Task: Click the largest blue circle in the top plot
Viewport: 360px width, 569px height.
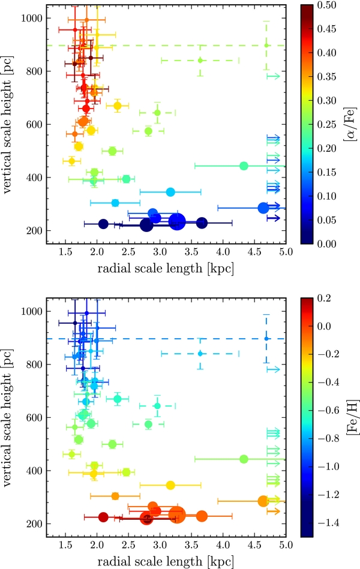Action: click(x=177, y=221)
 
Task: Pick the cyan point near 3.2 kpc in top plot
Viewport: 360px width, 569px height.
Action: click(x=170, y=192)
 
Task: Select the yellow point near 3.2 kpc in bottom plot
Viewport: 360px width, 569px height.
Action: click(x=170, y=485)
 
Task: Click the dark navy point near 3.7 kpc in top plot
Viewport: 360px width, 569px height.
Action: click(x=202, y=223)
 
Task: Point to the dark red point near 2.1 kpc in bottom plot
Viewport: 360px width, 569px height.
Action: click(x=103, y=517)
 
